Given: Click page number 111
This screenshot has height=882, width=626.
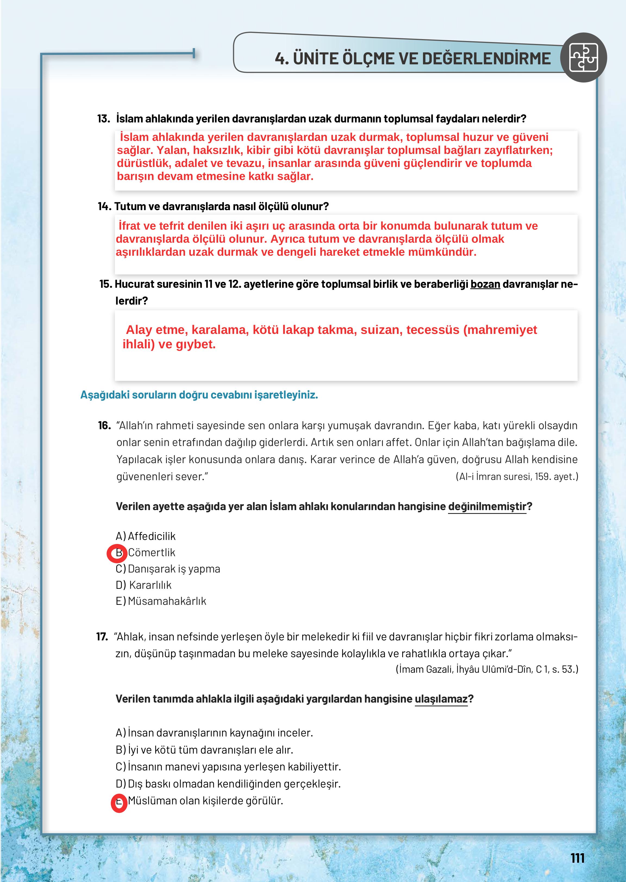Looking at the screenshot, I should tap(577, 858).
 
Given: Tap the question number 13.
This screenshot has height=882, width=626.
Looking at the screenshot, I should tap(103, 119).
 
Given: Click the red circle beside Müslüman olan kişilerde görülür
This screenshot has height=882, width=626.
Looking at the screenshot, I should tap(119, 803).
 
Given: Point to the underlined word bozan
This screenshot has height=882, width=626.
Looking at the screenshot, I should tap(485, 284).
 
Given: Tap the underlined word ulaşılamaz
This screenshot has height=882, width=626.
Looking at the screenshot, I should tap(441, 699).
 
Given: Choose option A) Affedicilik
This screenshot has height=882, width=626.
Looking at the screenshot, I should tap(146, 536).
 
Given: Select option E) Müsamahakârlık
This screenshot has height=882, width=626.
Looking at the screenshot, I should tap(161, 601).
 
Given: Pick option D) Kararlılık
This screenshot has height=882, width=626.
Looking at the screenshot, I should tap(144, 585).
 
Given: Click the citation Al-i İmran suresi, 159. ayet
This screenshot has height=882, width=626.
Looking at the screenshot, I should tap(517, 476).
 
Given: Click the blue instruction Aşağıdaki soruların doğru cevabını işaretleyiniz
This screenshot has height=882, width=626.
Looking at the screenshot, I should tap(199, 395).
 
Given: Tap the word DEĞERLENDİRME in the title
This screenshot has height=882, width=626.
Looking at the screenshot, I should tap(486, 59).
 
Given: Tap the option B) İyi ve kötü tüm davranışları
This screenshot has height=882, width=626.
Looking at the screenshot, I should tap(204, 750).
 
